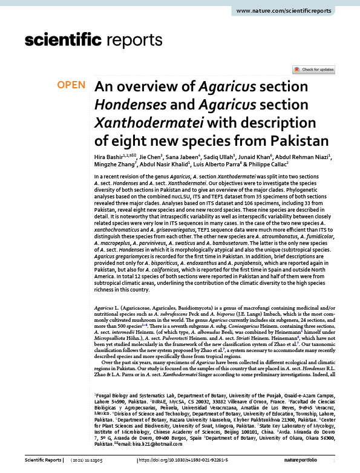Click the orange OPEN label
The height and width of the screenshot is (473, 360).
point(71,85)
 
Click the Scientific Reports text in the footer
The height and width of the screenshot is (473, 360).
point(42,461)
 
